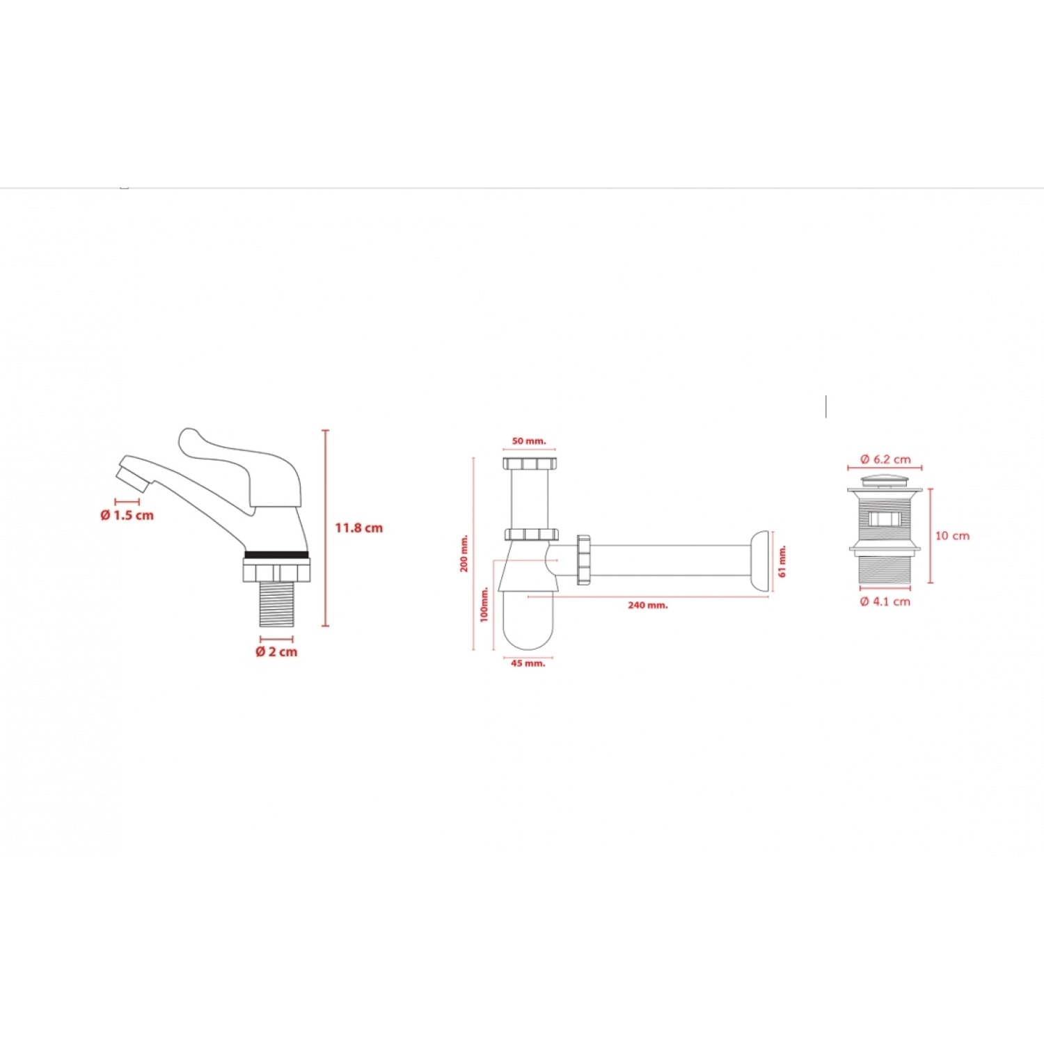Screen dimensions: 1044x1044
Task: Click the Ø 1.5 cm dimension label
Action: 127,515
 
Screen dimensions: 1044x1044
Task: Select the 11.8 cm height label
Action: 358,528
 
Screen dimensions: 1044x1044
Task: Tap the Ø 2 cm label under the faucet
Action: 276,651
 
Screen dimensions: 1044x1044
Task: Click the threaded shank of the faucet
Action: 277,603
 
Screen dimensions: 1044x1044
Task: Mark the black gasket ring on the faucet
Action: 276,555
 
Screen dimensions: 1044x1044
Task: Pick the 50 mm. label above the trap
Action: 529,441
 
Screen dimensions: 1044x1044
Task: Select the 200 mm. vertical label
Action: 464,553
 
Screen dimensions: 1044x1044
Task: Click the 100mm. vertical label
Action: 484,604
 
